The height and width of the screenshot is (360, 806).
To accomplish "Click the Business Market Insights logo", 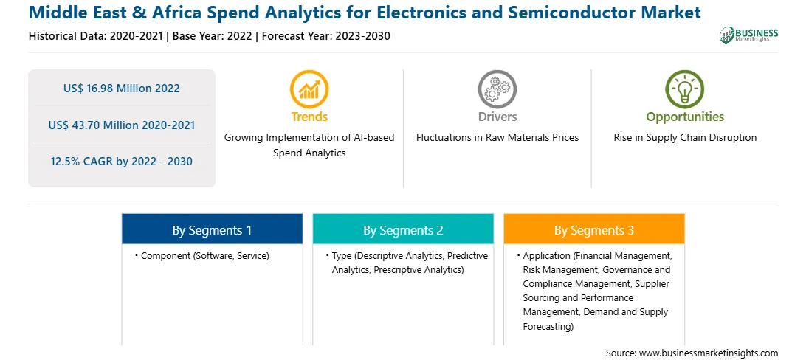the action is pyautogui.click(x=749, y=35).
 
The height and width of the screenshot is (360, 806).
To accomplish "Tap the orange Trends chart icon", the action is pyautogui.click(x=309, y=89).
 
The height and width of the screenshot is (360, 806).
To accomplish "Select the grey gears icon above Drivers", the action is pyautogui.click(x=497, y=89).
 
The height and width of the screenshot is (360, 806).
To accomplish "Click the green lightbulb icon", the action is pyautogui.click(x=685, y=89).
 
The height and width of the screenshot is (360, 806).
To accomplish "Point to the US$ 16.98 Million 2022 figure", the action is pyautogui.click(x=122, y=89).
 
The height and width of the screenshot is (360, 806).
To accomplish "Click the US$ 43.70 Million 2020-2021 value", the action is pyautogui.click(x=122, y=125).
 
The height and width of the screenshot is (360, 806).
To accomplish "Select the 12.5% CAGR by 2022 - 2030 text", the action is pyautogui.click(x=122, y=162).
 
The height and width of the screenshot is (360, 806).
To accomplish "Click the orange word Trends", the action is pyautogui.click(x=309, y=117).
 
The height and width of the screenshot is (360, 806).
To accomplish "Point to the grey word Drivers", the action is pyautogui.click(x=497, y=117).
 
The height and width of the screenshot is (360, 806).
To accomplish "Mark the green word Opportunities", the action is pyautogui.click(x=685, y=117).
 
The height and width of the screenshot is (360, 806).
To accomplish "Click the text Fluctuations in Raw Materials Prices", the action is pyautogui.click(x=497, y=138).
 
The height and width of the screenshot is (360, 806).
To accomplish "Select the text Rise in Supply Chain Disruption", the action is pyautogui.click(x=685, y=138).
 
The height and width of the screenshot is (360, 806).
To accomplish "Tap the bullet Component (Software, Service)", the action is pyautogui.click(x=202, y=255).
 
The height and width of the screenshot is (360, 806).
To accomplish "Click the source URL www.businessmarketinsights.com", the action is pyautogui.click(x=709, y=353).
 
